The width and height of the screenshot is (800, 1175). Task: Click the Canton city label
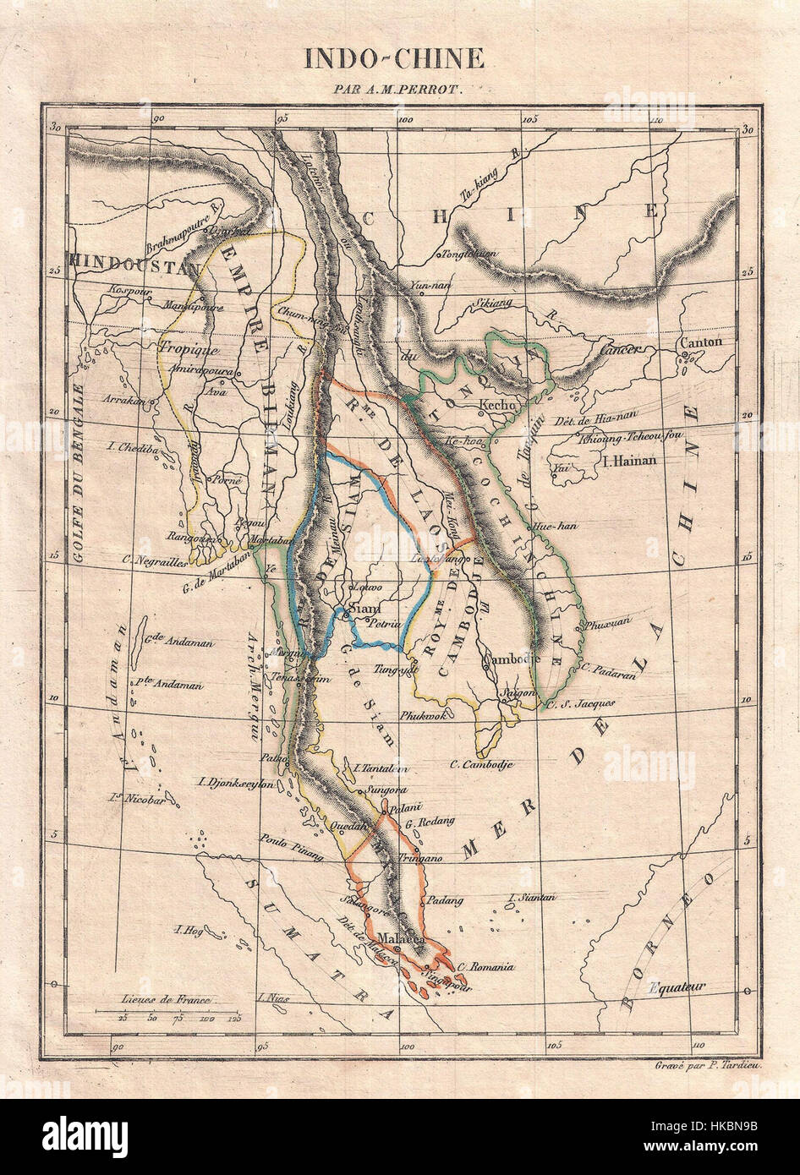coord(699,342)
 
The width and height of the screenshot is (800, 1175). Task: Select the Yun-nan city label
coord(427,286)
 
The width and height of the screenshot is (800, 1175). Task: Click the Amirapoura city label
coord(196,369)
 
